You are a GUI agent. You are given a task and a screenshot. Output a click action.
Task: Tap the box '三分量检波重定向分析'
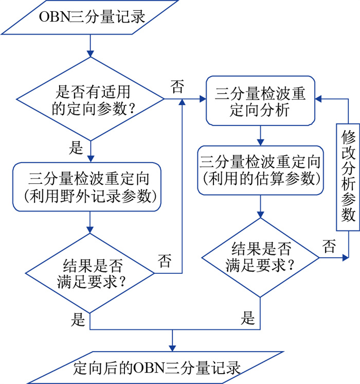[x=260, y=100]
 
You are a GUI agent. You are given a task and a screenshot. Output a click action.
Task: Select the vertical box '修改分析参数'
[x=348, y=174]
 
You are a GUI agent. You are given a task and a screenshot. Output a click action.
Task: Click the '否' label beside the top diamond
[x=176, y=86]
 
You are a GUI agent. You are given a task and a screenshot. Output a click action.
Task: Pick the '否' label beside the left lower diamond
[x=165, y=260]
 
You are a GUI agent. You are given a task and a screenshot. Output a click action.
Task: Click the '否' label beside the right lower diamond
[x=329, y=246]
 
